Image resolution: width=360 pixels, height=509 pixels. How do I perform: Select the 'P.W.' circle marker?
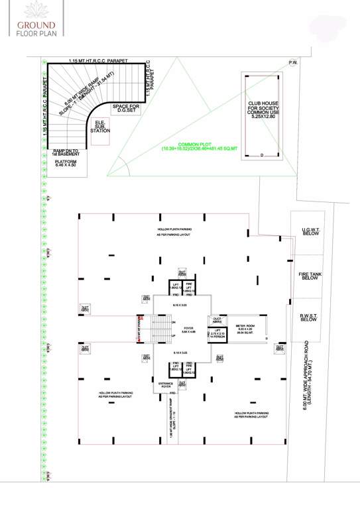tap(292, 63)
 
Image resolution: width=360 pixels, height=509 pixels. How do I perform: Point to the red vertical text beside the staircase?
tap(137, 329)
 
